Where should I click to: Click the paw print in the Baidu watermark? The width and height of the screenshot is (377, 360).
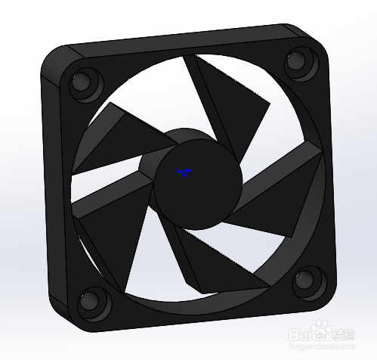pyautogui.click(x=323, y=329)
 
